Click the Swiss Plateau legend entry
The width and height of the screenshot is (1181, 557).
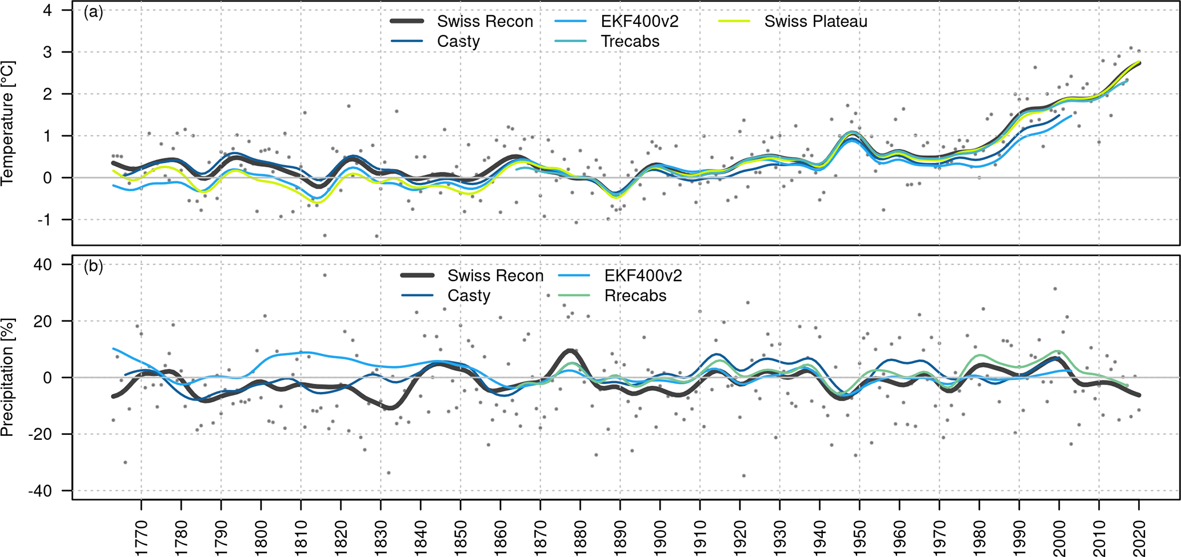[815, 22]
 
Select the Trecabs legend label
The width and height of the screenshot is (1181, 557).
[630, 42]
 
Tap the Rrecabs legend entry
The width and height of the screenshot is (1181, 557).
[635, 296]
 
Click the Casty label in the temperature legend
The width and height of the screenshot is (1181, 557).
[458, 42]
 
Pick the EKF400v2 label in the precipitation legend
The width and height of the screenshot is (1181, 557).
[643, 276]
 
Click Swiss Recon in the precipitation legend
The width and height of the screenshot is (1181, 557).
[495, 276]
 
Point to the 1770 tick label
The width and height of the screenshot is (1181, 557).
[141, 537]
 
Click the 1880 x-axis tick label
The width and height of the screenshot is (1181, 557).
[580, 537]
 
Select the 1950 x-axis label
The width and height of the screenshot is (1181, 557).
[859, 537]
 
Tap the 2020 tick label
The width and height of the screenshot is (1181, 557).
[1139, 537]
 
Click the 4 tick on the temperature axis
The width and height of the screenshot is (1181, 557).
[47, 10]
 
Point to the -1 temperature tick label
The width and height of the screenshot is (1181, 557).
[45, 220]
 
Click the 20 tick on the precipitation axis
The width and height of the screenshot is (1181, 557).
[43, 321]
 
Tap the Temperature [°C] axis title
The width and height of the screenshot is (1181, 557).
[7, 123]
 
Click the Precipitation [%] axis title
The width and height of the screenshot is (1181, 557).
[7, 378]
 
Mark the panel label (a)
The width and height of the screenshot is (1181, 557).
[93, 13]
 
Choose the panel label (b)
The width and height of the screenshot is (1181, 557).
[93, 267]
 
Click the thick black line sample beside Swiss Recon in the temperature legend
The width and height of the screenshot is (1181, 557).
[407, 22]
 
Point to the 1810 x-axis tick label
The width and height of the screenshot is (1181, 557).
[301, 537]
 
